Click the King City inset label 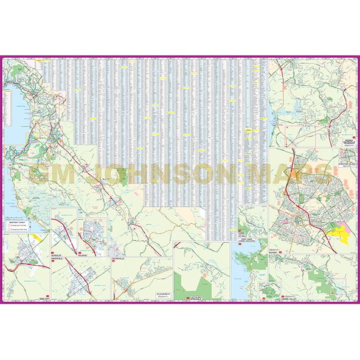pos(26,300)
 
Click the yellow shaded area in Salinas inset pos(336,233)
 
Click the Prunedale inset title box pos(347,140)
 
